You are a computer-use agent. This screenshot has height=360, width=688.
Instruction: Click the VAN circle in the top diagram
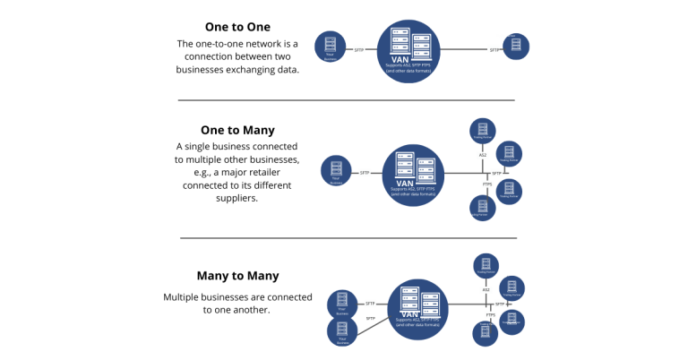(x=408, y=51)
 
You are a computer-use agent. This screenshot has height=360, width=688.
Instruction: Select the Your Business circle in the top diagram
(x=330, y=47)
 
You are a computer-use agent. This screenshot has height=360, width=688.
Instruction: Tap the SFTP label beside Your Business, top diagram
(x=359, y=49)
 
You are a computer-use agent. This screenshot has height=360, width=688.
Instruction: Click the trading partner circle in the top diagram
(x=516, y=47)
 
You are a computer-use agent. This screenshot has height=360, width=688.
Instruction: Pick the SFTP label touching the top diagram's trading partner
(x=494, y=49)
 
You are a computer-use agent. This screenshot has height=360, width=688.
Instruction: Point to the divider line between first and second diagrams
(x=346, y=100)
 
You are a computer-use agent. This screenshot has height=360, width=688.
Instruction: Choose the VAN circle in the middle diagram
(x=413, y=176)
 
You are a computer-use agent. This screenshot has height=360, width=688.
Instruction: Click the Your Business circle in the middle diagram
(x=336, y=170)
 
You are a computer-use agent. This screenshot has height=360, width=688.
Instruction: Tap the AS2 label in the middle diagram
(x=482, y=155)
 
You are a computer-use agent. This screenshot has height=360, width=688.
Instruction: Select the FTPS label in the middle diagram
(x=487, y=184)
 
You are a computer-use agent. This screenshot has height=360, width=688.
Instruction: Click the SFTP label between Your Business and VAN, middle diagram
(x=365, y=173)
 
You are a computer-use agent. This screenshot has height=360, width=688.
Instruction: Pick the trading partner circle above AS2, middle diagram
(x=482, y=131)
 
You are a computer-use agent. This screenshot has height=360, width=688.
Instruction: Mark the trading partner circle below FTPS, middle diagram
(x=482, y=209)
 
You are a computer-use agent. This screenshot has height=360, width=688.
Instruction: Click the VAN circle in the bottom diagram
(x=417, y=309)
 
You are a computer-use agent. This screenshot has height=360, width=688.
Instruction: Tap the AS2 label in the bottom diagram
(x=486, y=290)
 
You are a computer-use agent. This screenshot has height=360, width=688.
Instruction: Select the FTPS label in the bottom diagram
(x=490, y=315)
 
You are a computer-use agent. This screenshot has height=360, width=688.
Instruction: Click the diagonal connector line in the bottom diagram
(x=373, y=325)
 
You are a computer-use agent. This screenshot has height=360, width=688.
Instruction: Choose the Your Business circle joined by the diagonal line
(x=342, y=331)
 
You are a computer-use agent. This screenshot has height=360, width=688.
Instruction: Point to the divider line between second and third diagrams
(x=348, y=238)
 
